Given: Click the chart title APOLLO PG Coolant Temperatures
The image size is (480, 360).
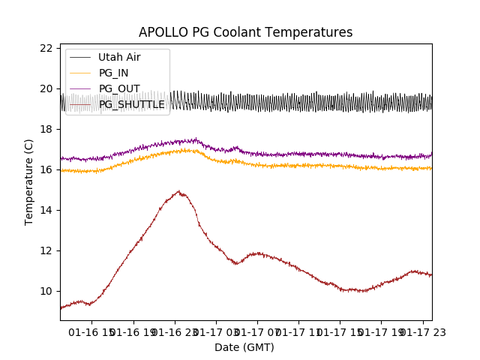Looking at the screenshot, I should [245, 32].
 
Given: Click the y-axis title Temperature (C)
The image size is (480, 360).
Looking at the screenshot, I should [29, 182].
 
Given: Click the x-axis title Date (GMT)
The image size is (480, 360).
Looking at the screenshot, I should [244, 347].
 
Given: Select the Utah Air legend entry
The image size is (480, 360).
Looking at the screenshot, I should [118, 57].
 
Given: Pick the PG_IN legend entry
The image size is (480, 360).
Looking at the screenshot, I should [113, 73].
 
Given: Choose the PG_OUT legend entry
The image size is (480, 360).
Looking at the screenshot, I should [118, 88].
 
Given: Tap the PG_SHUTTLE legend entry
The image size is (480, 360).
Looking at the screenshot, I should [131, 104].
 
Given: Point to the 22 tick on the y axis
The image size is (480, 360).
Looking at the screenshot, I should [46, 48].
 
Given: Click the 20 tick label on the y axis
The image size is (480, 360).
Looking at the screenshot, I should [46, 88].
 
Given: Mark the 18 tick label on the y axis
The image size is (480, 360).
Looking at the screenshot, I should [46, 129].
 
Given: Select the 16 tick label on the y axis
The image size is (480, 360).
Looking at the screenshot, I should [46, 169].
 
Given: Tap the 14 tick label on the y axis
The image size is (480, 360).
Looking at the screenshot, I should [46, 210].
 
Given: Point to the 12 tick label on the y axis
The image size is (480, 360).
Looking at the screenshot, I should [46, 250].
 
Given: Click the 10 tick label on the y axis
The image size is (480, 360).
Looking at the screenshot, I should [46, 291].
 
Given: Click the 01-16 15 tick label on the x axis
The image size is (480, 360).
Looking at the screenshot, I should [91, 331].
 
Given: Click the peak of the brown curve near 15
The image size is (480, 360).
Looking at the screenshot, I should [178, 191].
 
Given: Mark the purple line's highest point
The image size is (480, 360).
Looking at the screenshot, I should [195, 138].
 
